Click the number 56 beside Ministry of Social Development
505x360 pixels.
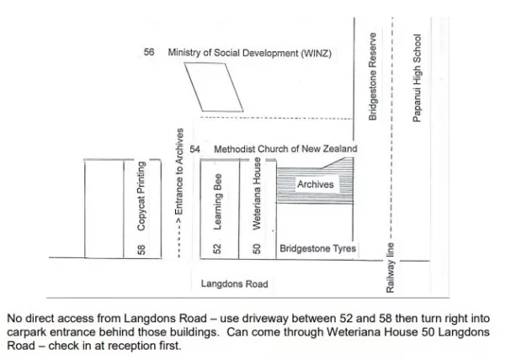(149, 52)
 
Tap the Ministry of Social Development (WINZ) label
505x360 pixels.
(250, 53)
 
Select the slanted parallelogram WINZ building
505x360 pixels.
(214, 87)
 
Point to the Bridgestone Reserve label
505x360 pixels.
(373, 77)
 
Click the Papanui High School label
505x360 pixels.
(417, 78)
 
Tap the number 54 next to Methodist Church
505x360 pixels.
(195, 149)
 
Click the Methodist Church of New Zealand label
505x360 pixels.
(285, 149)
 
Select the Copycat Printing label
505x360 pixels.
(141, 196)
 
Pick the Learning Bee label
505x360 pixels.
(218, 202)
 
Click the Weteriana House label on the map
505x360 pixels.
(257, 193)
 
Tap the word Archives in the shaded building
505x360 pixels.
(316, 184)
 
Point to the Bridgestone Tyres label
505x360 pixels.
(318, 248)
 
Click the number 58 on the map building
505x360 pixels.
(141, 250)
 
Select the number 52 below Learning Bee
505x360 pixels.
(218, 249)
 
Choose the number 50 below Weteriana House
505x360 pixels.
(257, 249)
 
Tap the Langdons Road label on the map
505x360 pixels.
(235, 283)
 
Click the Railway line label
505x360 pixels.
(390, 267)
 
